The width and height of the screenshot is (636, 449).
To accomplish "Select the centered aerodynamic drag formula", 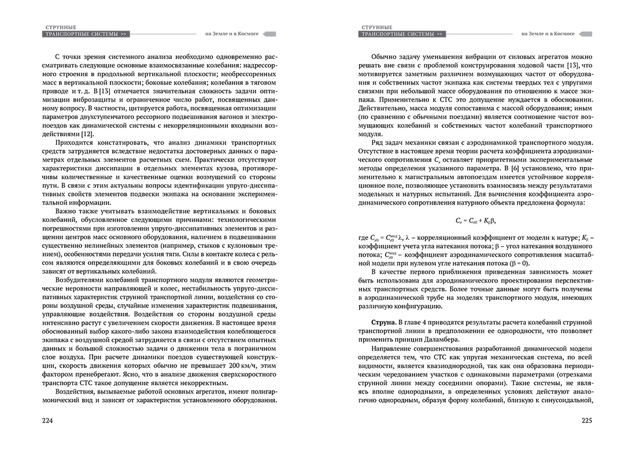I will click(477, 220).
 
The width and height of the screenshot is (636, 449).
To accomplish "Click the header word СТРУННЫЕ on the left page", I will click(61, 27).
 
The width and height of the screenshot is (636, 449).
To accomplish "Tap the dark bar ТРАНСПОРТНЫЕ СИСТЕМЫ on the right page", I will click(402, 34).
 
